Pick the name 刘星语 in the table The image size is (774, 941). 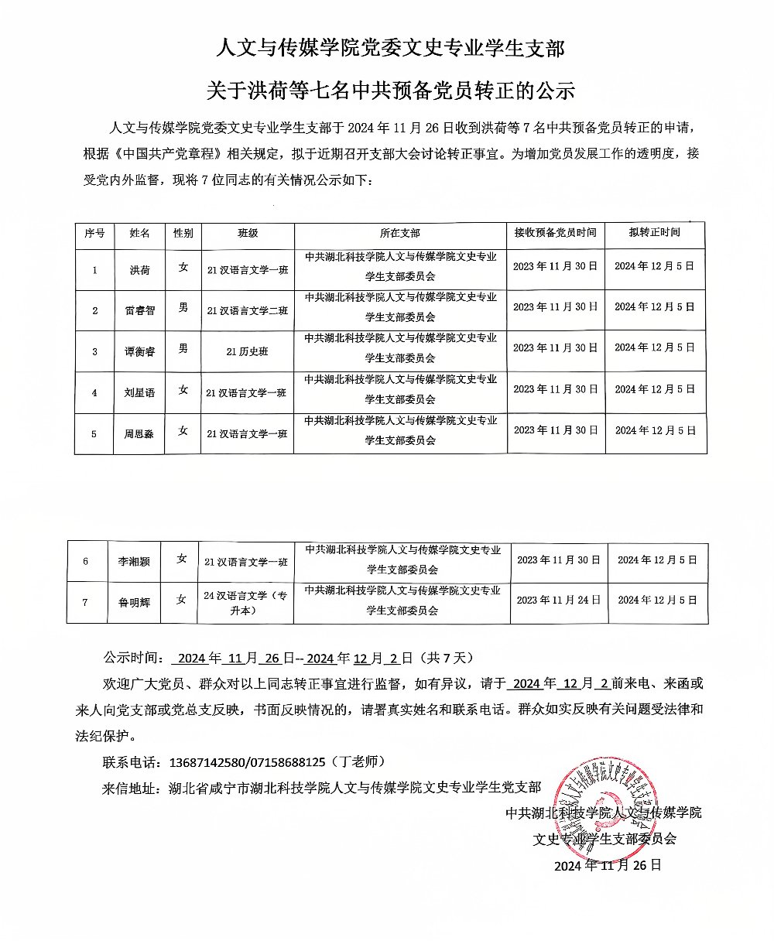139,392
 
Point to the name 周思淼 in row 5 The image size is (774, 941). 139,434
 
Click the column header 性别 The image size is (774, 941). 183,233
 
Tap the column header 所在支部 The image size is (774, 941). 400,233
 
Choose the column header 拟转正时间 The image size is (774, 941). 654,232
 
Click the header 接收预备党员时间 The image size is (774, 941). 555,232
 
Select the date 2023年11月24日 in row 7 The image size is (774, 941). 558,600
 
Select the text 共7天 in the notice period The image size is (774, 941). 446,659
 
